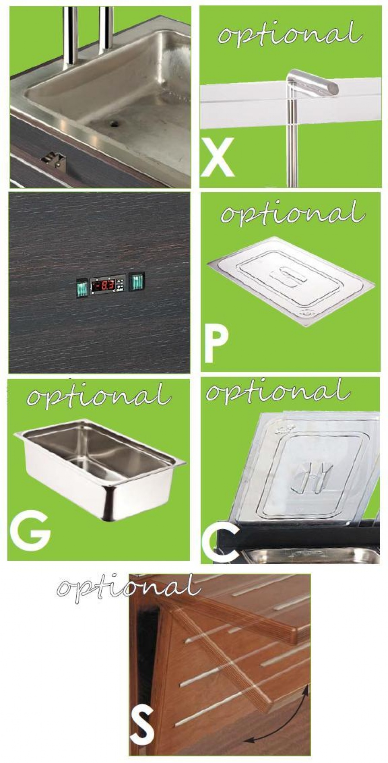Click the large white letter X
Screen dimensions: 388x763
click(x=218, y=157)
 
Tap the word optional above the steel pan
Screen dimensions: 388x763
click(x=99, y=394)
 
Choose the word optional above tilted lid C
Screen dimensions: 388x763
click(x=278, y=391)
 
